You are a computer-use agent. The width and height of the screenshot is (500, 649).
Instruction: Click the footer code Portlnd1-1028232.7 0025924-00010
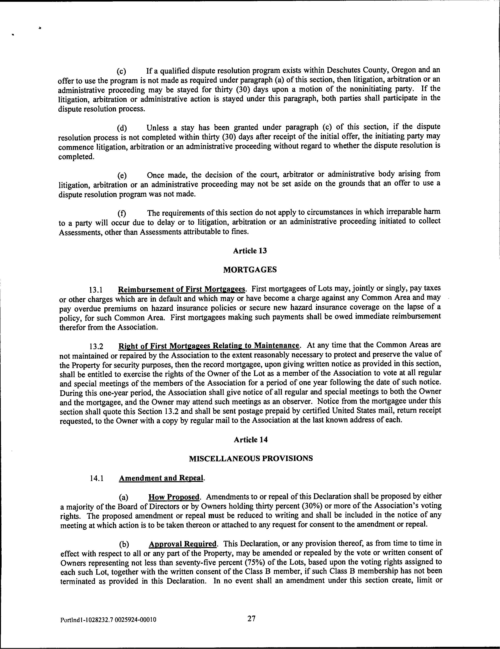click(108, 620)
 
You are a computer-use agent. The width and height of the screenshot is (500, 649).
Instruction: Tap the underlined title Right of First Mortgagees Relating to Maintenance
click(209, 346)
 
